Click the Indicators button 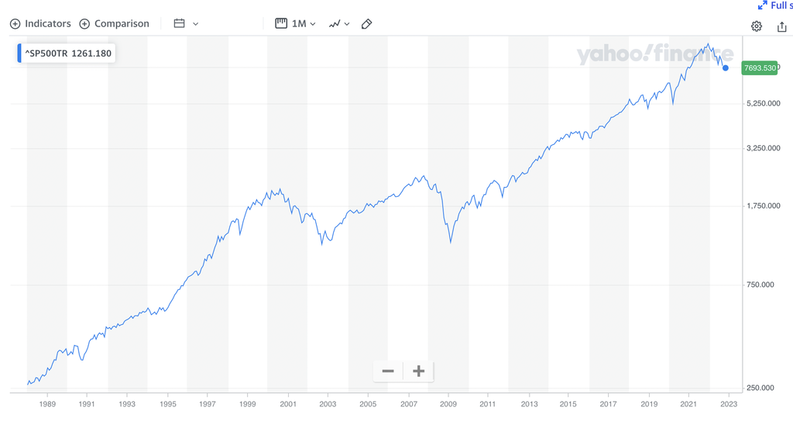tap(40, 23)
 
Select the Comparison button tap(114, 23)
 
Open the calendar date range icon tap(180, 23)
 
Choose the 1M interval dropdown tap(296, 23)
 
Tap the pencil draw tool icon tap(367, 23)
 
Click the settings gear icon tap(757, 26)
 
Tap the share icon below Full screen tap(781, 26)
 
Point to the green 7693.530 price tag tap(759, 68)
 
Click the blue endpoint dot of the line tap(726, 68)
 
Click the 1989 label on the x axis tap(47, 404)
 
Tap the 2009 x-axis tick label tap(448, 404)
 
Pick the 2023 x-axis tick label tap(729, 404)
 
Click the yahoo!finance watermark tap(654, 55)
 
